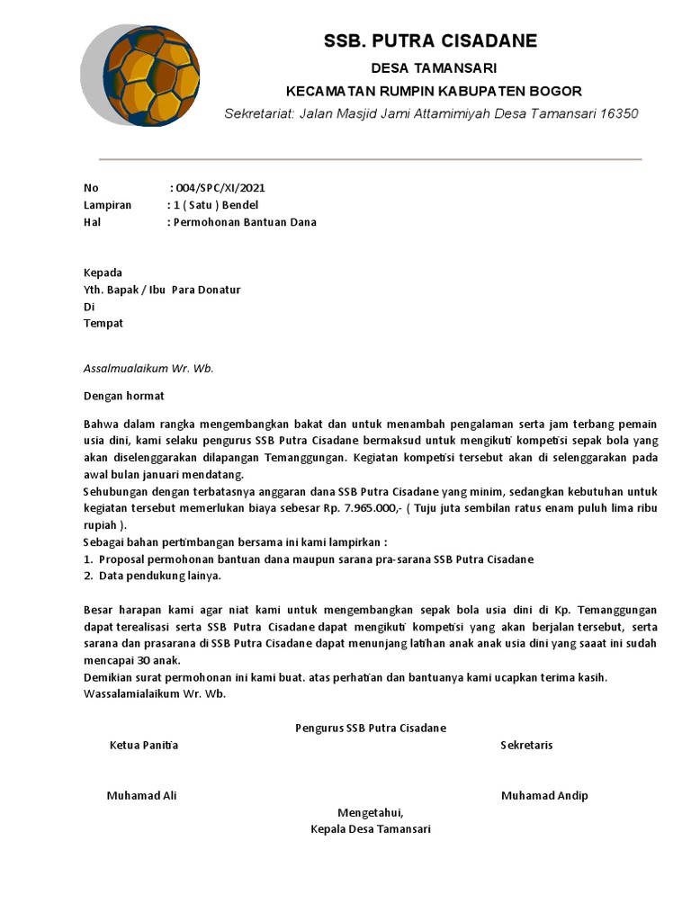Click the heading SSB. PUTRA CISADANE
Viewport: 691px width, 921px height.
(430, 40)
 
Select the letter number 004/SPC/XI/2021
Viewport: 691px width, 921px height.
(220, 188)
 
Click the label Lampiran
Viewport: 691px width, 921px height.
(107, 205)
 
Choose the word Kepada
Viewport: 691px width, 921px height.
(103, 273)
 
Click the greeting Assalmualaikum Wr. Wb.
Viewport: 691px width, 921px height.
(148, 369)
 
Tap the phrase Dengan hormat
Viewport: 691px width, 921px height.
(124, 396)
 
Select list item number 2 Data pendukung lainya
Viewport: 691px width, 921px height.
(158, 576)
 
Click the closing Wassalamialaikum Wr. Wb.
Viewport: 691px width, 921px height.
(155, 694)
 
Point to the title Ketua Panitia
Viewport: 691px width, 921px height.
(144, 745)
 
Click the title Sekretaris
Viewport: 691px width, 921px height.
(526, 745)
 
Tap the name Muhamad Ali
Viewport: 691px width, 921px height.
(142, 795)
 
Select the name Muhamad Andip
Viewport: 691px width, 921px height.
(544, 795)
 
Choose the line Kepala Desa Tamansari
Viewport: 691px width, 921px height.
(370, 829)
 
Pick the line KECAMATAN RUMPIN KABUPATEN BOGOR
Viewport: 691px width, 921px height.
(434, 91)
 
